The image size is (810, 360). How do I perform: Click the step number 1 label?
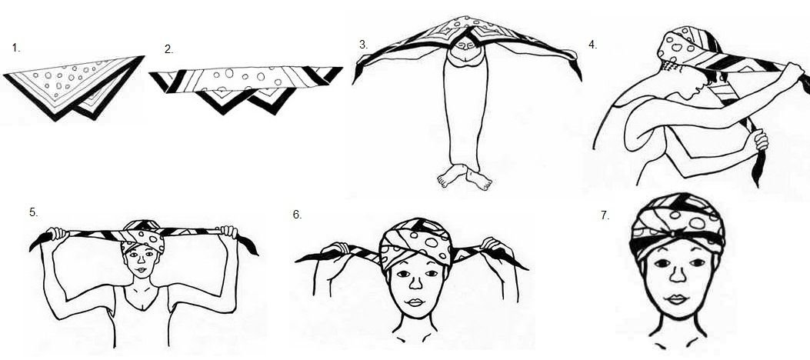pyautogui.click(x=16, y=48)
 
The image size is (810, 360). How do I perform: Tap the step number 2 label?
pyautogui.click(x=168, y=49)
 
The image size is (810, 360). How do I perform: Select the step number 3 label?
pyautogui.click(x=364, y=45)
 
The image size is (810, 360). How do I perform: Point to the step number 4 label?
pyautogui.click(x=592, y=45)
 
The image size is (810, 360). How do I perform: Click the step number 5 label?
pyautogui.click(x=34, y=212)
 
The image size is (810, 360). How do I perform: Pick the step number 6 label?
pyautogui.click(x=297, y=215)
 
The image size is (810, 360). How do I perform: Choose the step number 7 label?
pyautogui.click(x=605, y=215)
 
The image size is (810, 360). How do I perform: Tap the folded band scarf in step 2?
pyautogui.click(x=246, y=88)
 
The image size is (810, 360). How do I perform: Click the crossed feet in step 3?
pyautogui.click(x=465, y=177)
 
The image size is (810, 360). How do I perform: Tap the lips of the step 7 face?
pyautogui.click(x=678, y=299)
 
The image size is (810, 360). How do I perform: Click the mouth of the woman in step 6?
pyautogui.click(x=415, y=302)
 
